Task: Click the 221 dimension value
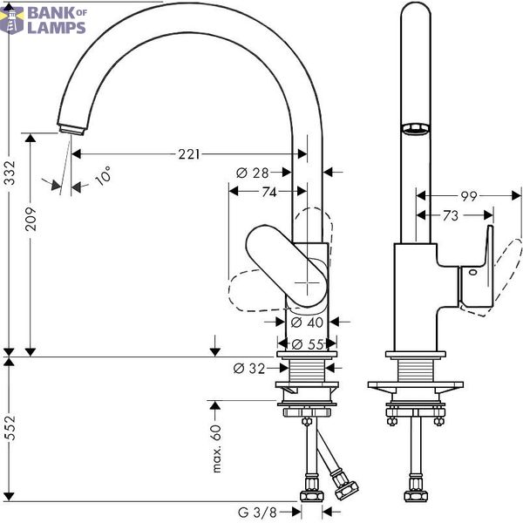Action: tap(189, 154)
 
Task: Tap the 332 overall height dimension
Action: tap(10, 173)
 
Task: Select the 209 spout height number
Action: tap(31, 219)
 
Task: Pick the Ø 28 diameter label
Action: tap(253, 173)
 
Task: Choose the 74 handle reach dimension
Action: tap(269, 192)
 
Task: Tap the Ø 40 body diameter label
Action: tap(307, 323)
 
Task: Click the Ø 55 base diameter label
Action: tap(308, 344)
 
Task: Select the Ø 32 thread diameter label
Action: tap(249, 369)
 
